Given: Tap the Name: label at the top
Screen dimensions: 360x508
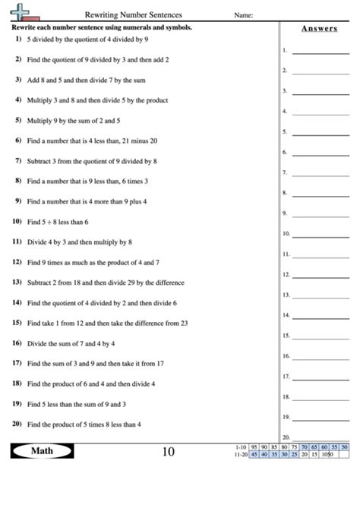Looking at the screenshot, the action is tap(243, 14).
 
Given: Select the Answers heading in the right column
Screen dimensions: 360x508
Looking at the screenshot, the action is tap(318, 28).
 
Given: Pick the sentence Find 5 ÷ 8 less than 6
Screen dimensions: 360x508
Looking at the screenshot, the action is tap(58, 222).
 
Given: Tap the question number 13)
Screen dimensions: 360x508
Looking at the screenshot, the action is tap(17, 282).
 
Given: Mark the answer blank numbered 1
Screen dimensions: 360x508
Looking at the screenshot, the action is tap(321, 53).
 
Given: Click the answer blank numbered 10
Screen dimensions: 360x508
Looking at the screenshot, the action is tap(321, 235).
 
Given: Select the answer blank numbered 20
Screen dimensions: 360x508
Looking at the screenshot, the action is tap(321, 438).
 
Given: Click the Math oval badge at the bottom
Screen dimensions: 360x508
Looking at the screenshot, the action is tap(42, 452).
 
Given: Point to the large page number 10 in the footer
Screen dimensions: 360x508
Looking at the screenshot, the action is tap(168, 453).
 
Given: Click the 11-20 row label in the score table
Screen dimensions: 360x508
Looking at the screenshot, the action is tap(241, 455).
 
